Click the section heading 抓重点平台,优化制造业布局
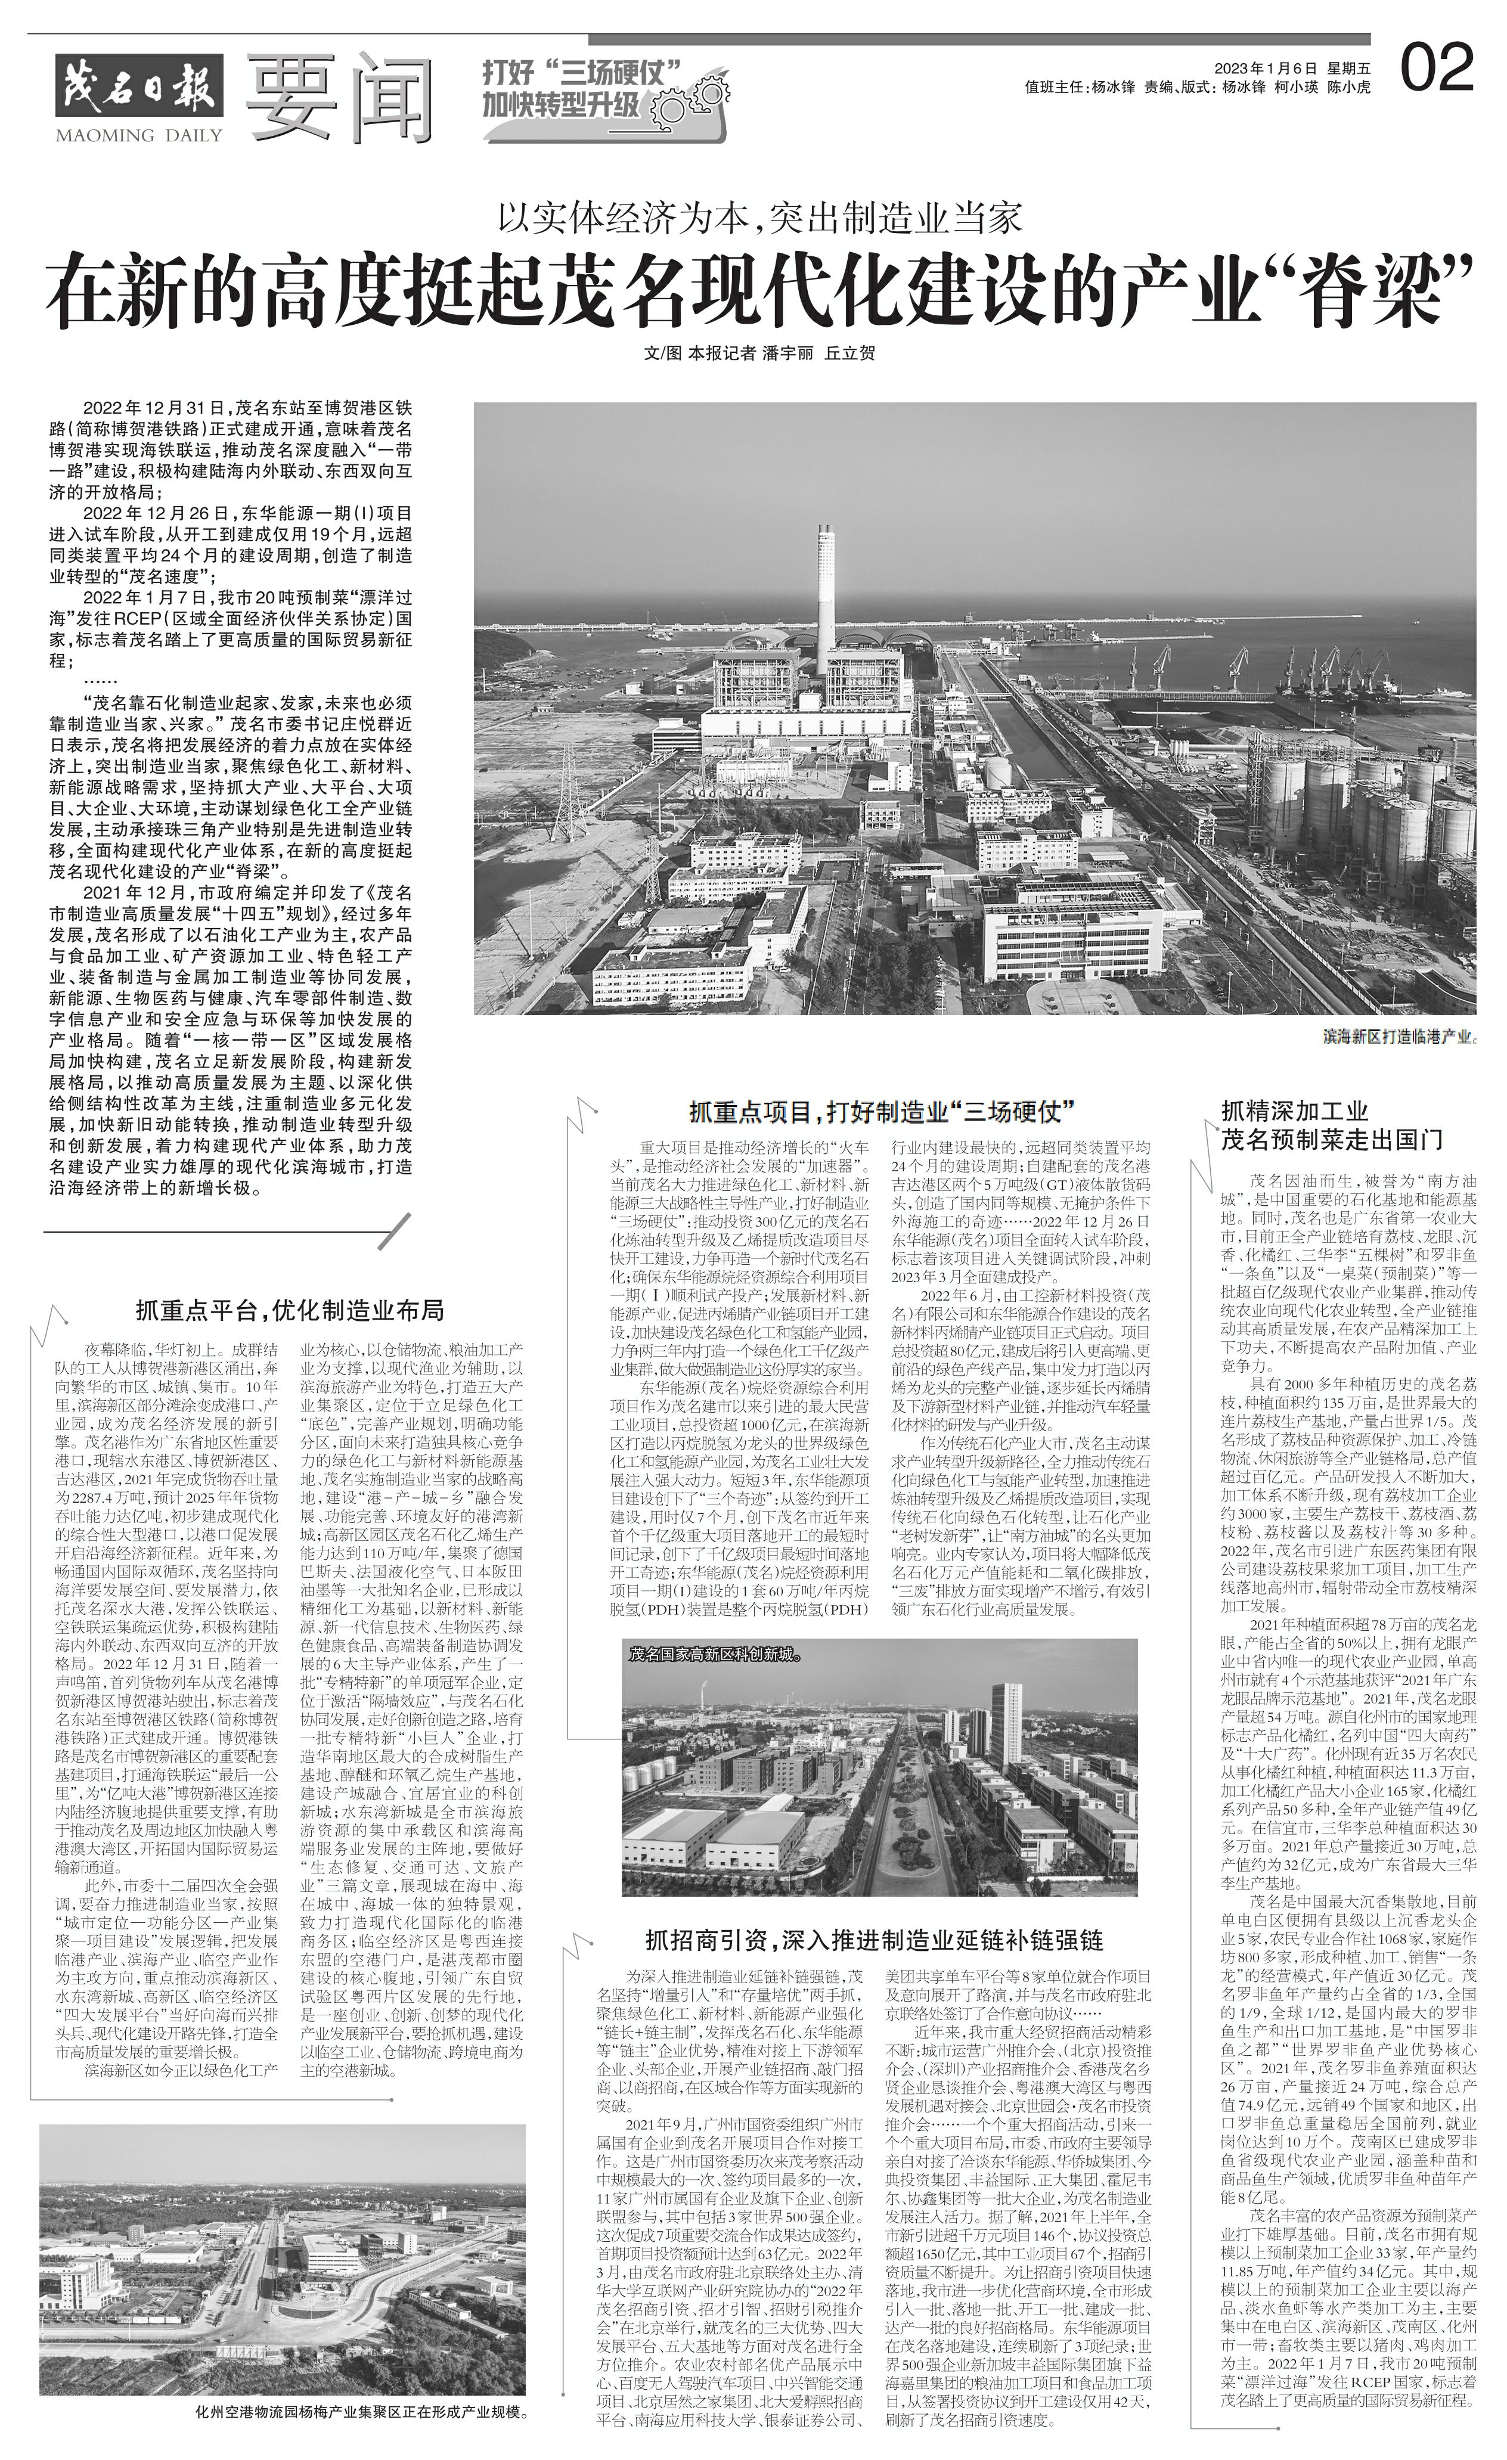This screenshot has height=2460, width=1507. pyautogui.click(x=290, y=1309)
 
